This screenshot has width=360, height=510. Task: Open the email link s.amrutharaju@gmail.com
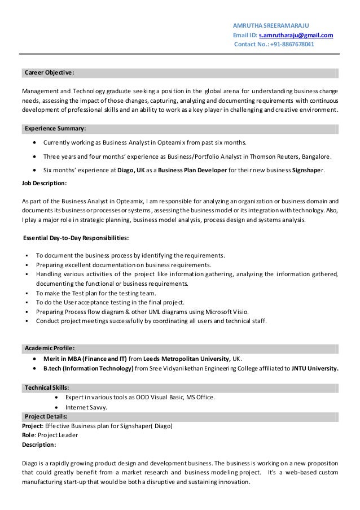tap(295, 35)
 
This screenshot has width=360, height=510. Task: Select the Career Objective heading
tap(49, 73)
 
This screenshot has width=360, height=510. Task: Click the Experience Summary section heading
tap(55, 128)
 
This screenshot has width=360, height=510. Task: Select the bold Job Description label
tap(44, 184)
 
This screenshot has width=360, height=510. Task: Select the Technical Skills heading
tap(47, 387)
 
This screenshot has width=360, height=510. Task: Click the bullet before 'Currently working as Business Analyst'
tap(37, 142)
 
